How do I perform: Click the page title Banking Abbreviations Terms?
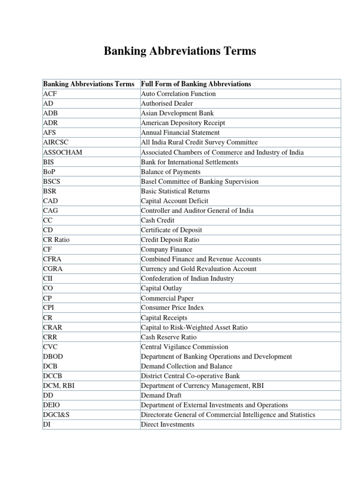(180, 51)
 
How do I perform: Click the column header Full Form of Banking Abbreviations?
(196, 84)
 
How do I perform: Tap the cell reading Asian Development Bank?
(174, 113)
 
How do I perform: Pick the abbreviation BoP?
(49, 172)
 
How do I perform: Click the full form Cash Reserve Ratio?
(169, 337)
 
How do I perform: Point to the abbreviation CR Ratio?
(56, 240)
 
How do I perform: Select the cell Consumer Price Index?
(172, 308)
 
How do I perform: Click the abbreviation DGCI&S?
(56, 415)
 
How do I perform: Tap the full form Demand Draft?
(160, 395)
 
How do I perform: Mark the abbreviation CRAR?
(52, 327)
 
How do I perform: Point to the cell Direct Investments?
(167, 424)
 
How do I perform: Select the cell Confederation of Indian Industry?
(187, 278)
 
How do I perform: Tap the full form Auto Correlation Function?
(178, 94)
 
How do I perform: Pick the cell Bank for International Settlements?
(189, 162)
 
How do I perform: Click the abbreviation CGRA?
(52, 269)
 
